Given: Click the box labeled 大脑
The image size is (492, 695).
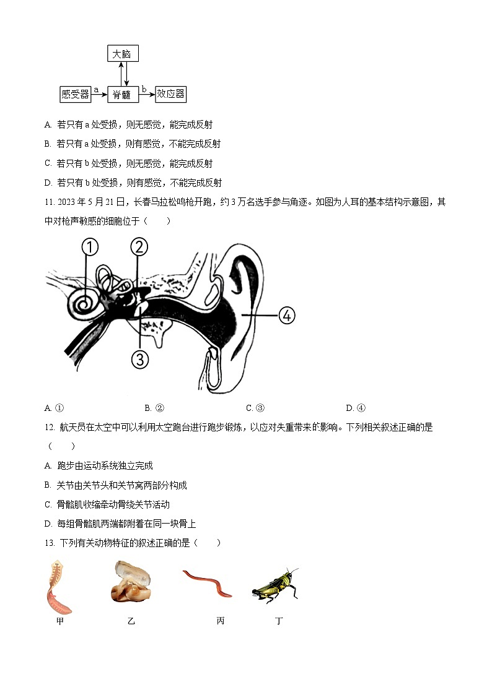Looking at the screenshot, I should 122,54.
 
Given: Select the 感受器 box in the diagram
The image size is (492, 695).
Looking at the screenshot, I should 75,94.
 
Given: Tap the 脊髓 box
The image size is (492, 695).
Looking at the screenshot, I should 122,94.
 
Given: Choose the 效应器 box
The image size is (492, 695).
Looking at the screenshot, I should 170,94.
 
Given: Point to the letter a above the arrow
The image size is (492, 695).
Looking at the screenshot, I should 96,90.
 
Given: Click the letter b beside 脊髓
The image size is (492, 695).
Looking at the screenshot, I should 144,90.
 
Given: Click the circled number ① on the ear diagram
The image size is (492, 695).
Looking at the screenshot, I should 90,248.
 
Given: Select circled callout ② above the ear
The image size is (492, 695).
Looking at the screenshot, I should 139,247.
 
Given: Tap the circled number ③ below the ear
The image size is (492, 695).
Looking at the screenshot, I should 140,359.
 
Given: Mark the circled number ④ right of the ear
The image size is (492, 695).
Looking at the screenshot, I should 286,315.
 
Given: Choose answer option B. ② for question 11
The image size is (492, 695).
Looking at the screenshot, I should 154,408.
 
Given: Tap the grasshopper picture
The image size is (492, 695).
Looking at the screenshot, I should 275,584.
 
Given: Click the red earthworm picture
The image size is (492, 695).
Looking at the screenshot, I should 208,584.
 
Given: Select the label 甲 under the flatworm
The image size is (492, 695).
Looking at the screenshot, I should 59,621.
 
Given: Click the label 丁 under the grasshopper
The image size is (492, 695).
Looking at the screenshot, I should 279,621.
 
